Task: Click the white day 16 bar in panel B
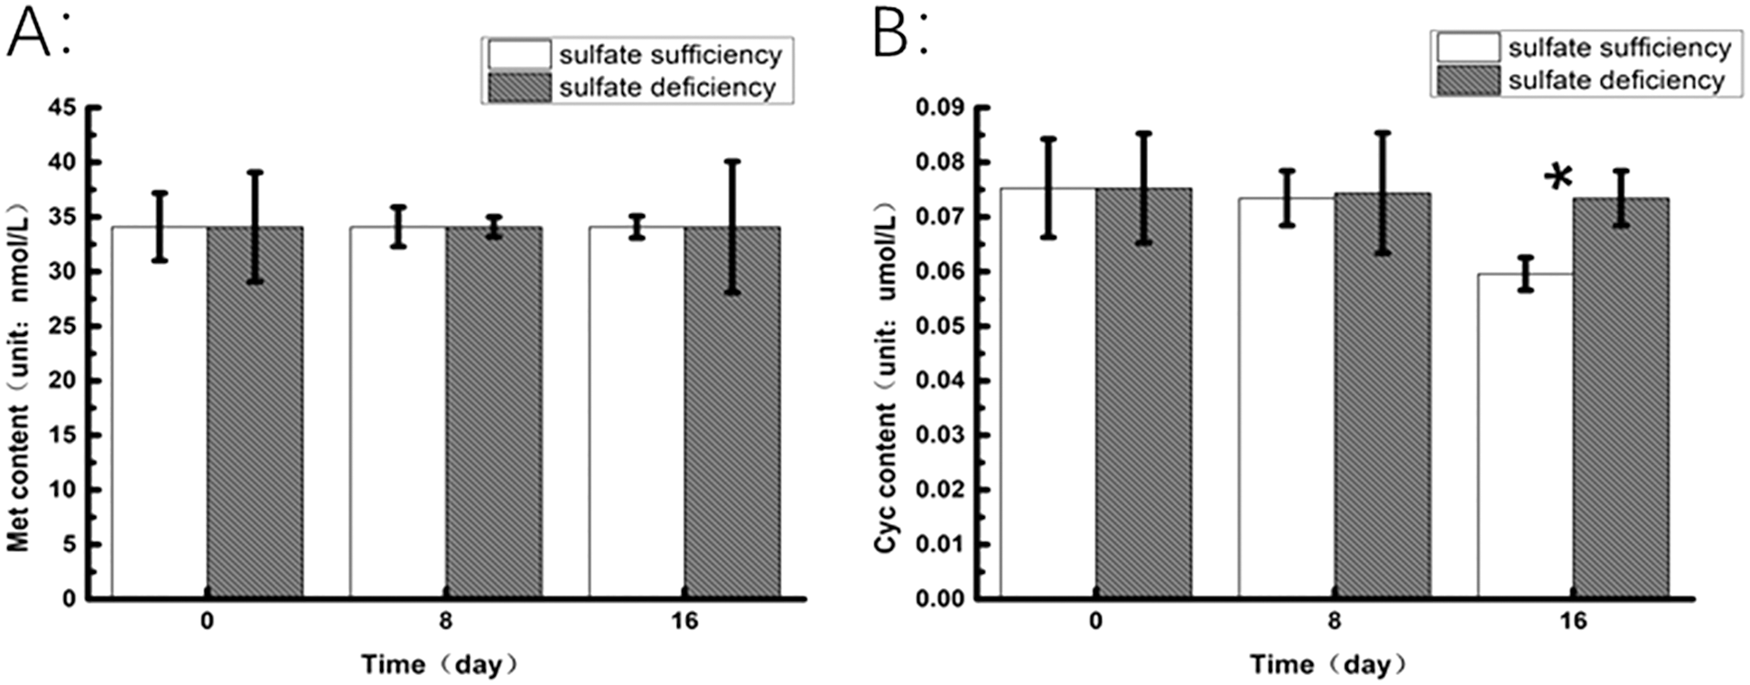(x=1524, y=434)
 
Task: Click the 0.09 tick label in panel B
(x=940, y=108)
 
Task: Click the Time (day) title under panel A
(x=440, y=665)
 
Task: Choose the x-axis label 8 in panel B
(x=1334, y=622)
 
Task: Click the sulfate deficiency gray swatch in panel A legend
(x=519, y=88)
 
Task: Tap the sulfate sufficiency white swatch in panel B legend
(x=1467, y=47)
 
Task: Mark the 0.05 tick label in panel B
(x=940, y=326)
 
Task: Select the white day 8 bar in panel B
(x=1286, y=398)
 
